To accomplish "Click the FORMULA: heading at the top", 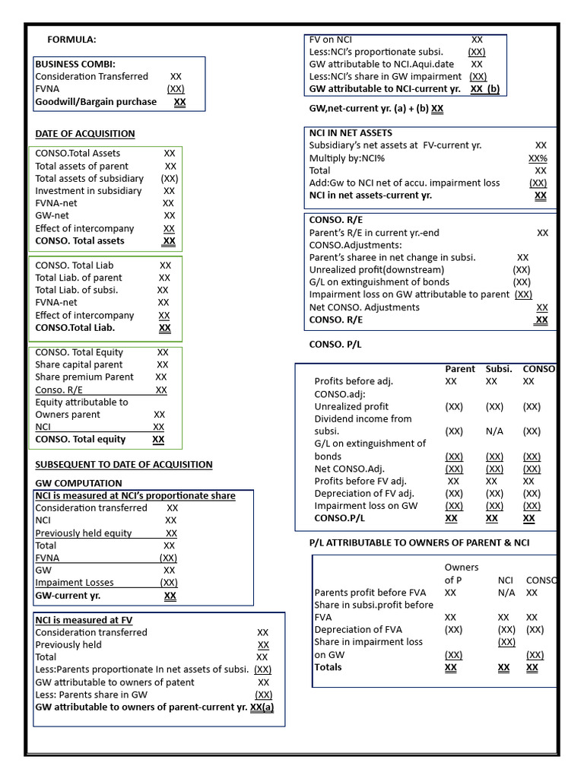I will point(71,40).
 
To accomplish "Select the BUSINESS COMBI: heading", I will point(75,64).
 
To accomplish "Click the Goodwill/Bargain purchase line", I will point(96,102).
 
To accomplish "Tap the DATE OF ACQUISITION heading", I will point(84,134).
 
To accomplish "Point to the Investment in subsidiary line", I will point(88,191).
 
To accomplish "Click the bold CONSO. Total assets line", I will point(80,241).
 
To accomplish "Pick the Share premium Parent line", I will point(84,377).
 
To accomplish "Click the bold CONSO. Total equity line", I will point(81,440).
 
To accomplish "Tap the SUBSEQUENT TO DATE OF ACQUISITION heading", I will point(124,465).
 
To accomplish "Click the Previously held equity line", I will point(84,533).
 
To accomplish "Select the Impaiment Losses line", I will point(75,583).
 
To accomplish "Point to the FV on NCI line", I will point(331,40).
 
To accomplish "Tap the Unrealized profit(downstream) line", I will point(376,270).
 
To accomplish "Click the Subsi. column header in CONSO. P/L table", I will point(499,369).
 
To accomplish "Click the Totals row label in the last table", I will point(328,667).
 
